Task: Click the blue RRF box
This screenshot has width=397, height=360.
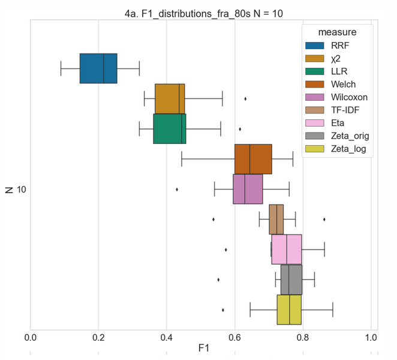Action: pyautogui.click(x=98, y=68)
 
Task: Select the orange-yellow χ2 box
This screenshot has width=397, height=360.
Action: pyautogui.click(x=170, y=98)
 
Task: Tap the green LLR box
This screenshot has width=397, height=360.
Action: pyautogui.click(x=170, y=128)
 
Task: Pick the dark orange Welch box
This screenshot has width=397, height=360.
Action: pyautogui.click(x=253, y=158)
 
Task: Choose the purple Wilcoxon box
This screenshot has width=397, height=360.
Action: pyautogui.click(x=248, y=189)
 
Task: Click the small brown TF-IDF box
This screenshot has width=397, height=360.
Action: pyautogui.click(x=276, y=219)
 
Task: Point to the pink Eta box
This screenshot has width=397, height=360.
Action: pyautogui.click(x=287, y=249)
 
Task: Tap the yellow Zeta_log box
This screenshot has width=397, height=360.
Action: pyautogui.click(x=289, y=310)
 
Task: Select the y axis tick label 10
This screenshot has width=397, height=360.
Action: pyautogui.click(x=21, y=190)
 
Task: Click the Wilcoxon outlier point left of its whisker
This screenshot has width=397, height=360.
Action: pyautogui.click(x=177, y=189)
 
